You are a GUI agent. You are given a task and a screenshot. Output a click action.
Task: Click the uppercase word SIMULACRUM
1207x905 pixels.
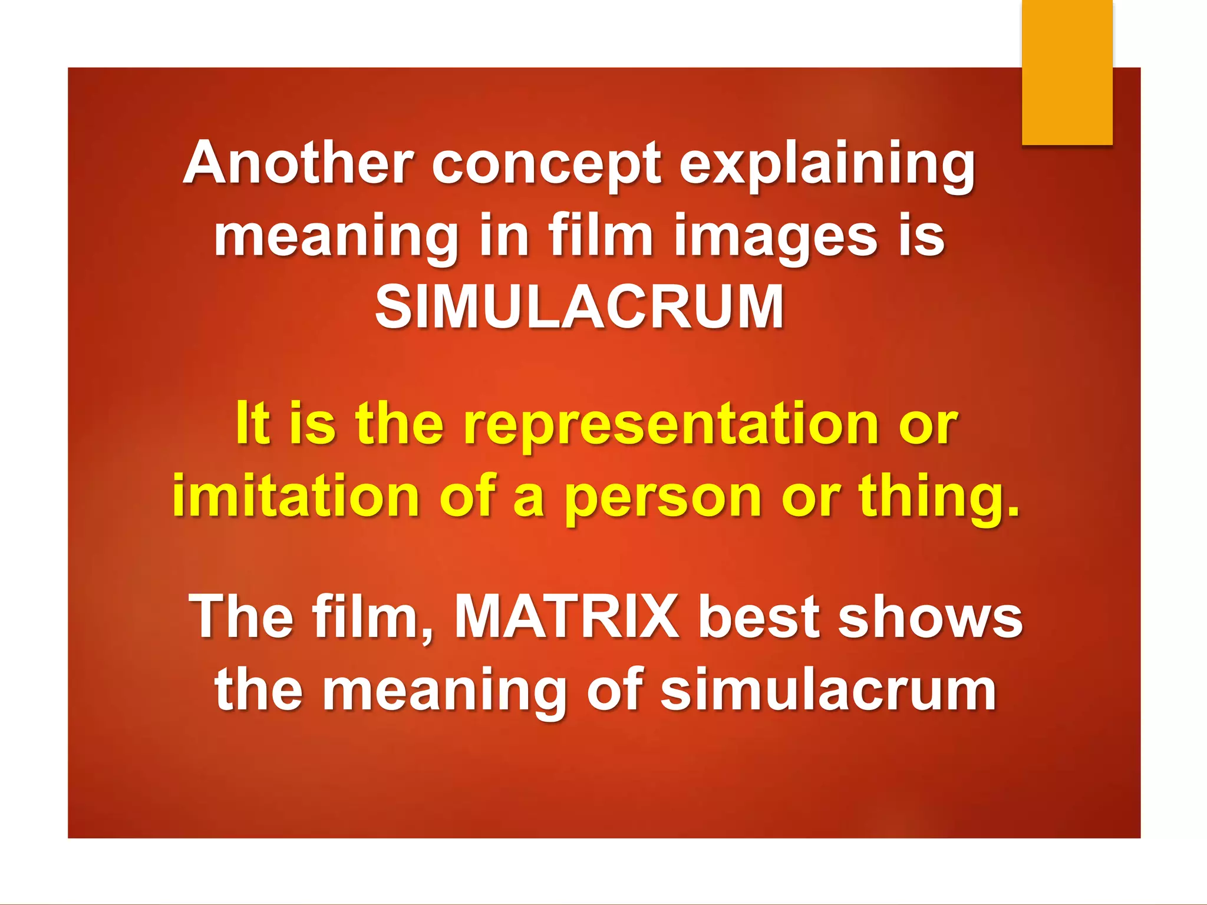click(x=579, y=307)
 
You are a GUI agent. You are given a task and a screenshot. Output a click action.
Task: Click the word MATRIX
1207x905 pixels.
click(x=566, y=616)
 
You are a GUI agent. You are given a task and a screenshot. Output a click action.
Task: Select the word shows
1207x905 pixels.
click(x=930, y=616)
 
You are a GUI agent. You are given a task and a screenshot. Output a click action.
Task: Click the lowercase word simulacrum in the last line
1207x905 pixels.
click(x=828, y=689)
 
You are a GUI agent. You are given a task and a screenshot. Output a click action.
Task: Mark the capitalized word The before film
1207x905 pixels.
click(x=241, y=616)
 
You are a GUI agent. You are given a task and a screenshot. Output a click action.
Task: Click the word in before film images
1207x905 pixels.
click(x=503, y=236)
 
